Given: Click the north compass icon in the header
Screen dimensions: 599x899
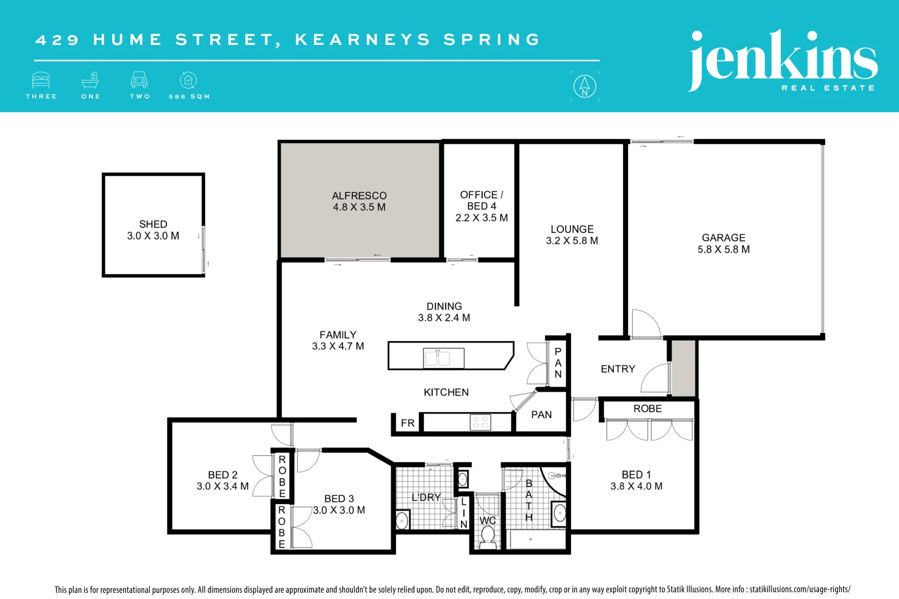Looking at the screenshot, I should pos(584,87).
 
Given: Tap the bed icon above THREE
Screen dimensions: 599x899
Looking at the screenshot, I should pos(41,80).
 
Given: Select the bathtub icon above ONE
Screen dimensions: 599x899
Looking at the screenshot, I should pos(90,80).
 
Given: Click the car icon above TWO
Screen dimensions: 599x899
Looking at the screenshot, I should pos(139,80).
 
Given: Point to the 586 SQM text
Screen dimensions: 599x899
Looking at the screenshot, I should pos(189,97).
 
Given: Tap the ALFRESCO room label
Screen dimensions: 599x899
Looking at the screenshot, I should pos(359,196).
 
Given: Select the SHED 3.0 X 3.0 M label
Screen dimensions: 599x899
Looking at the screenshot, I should pos(153,230).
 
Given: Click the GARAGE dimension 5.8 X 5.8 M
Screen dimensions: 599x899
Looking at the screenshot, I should pos(724,250).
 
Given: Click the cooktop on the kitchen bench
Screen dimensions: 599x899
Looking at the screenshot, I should pos(480,423).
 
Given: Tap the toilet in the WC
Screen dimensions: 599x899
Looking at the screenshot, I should pos(488,536).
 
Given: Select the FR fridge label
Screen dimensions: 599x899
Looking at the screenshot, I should pos(408,423).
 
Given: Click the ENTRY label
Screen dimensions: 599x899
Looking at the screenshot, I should pos(618,369).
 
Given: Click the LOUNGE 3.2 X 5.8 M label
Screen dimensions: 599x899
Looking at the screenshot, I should pos(572,235).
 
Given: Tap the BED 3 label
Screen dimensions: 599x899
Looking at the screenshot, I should pos(339,499).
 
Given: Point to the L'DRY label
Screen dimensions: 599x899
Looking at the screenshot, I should pos(426,498).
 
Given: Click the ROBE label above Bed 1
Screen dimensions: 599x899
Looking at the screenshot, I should pos(648,409).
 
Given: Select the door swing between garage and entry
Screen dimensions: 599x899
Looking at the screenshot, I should pos(645,323).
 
